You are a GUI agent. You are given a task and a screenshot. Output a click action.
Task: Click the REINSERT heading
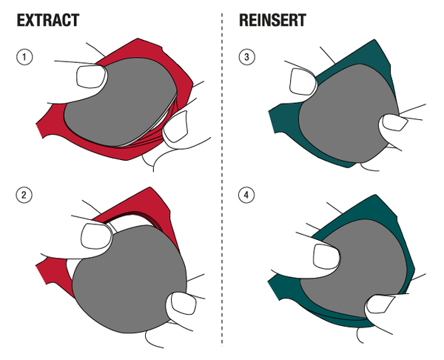point(273,20)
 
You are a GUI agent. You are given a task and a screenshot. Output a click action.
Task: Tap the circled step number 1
point(24,56)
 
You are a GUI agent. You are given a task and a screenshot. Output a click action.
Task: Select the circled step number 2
point(24,196)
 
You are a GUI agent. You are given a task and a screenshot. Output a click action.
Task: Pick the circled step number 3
point(246,56)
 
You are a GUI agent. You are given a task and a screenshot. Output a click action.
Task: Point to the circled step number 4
point(246,196)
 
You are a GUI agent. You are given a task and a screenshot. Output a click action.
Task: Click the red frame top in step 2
point(141,204)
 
